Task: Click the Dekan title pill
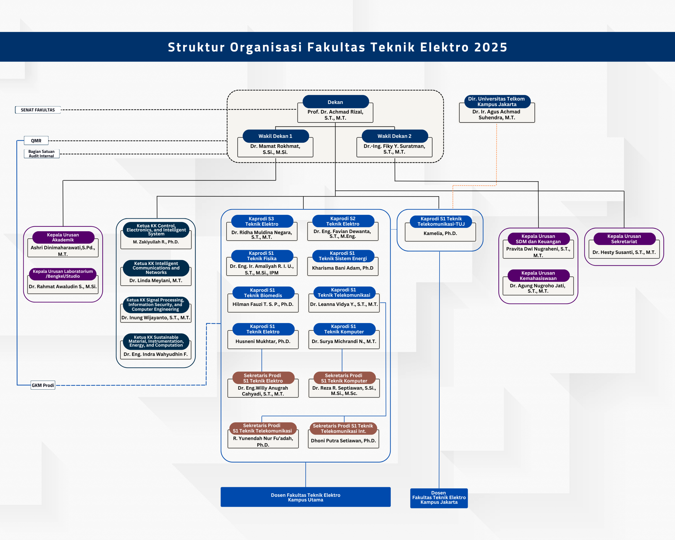(x=335, y=102)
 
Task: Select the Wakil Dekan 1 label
(x=276, y=136)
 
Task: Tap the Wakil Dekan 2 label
(x=394, y=136)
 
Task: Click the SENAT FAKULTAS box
(x=38, y=110)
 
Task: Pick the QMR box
(x=36, y=141)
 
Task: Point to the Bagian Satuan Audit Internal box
(x=42, y=154)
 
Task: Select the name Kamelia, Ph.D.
(x=440, y=233)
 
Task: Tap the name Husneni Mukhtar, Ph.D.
(x=263, y=341)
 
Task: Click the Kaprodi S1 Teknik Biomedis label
(x=263, y=293)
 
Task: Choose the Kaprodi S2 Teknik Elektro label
(x=343, y=221)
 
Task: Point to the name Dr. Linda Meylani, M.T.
(x=156, y=281)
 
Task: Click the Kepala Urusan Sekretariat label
(x=624, y=239)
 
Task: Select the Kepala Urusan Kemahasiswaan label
(x=538, y=276)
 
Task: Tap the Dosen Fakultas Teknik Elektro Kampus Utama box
(x=306, y=497)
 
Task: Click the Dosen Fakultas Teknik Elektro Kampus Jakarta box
(x=439, y=498)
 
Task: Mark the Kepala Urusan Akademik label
(x=63, y=237)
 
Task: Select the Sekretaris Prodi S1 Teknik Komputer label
(x=344, y=378)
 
